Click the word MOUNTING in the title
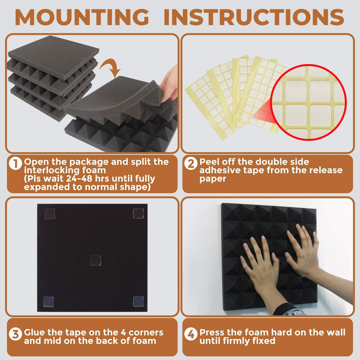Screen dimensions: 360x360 coord(82,17)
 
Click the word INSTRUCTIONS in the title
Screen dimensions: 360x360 coord(254,17)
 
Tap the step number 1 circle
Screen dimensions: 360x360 coord(15,163)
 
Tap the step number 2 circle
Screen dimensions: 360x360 coord(191,163)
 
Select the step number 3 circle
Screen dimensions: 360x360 coord(15,334)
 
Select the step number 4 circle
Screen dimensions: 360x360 coord(191,334)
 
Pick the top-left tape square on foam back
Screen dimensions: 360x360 coord(50,214)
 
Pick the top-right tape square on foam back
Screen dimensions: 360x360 coord(138,213)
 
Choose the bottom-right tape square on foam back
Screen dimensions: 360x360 coord(138,301)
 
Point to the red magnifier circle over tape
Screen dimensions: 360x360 coord(308,102)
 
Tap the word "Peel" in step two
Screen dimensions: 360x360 coord(209,162)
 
